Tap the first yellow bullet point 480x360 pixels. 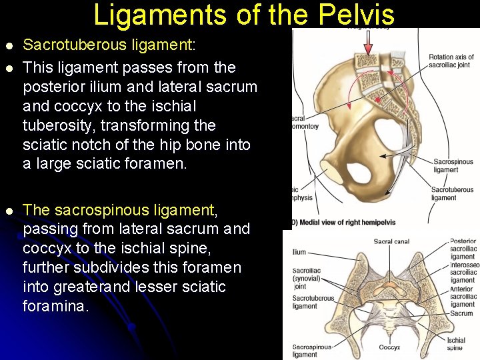[9, 46]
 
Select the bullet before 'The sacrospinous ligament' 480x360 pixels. [9, 211]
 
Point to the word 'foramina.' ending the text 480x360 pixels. [55, 307]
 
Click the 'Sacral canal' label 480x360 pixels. [391, 241]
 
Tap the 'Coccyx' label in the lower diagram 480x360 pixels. [389, 347]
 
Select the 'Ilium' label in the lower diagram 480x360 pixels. [299, 252]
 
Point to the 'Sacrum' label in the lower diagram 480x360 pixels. [461, 313]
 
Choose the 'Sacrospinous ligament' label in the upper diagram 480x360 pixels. [453, 165]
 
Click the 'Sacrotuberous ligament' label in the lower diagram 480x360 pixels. [313, 302]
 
